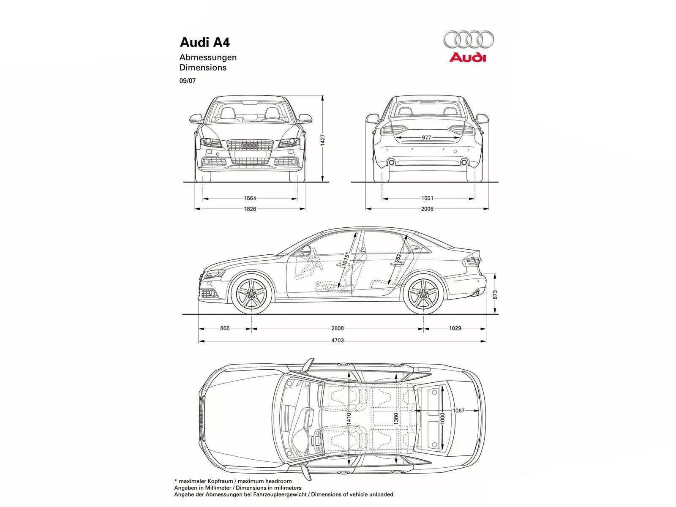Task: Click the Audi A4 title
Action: tap(205, 43)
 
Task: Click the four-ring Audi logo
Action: tap(468, 39)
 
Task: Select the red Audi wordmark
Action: tap(468, 57)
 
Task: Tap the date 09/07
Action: tap(188, 80)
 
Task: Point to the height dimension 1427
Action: tap(322, 140)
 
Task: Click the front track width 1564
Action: tap(250, 198)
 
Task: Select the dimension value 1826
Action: tap(250, 209)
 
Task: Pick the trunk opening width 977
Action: tap(427, 138)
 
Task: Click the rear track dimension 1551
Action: tap(427, 198)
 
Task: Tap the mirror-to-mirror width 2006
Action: tap(427, 209)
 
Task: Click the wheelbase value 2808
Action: tap(337, 328)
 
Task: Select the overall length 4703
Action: tap(337, 341)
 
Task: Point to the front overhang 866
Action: tap(225, 328)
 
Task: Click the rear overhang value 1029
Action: tap(455, 328)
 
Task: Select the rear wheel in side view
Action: tap(424, 294)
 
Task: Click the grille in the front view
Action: tap(250, 151)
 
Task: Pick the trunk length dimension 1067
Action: tap(458, 410)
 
